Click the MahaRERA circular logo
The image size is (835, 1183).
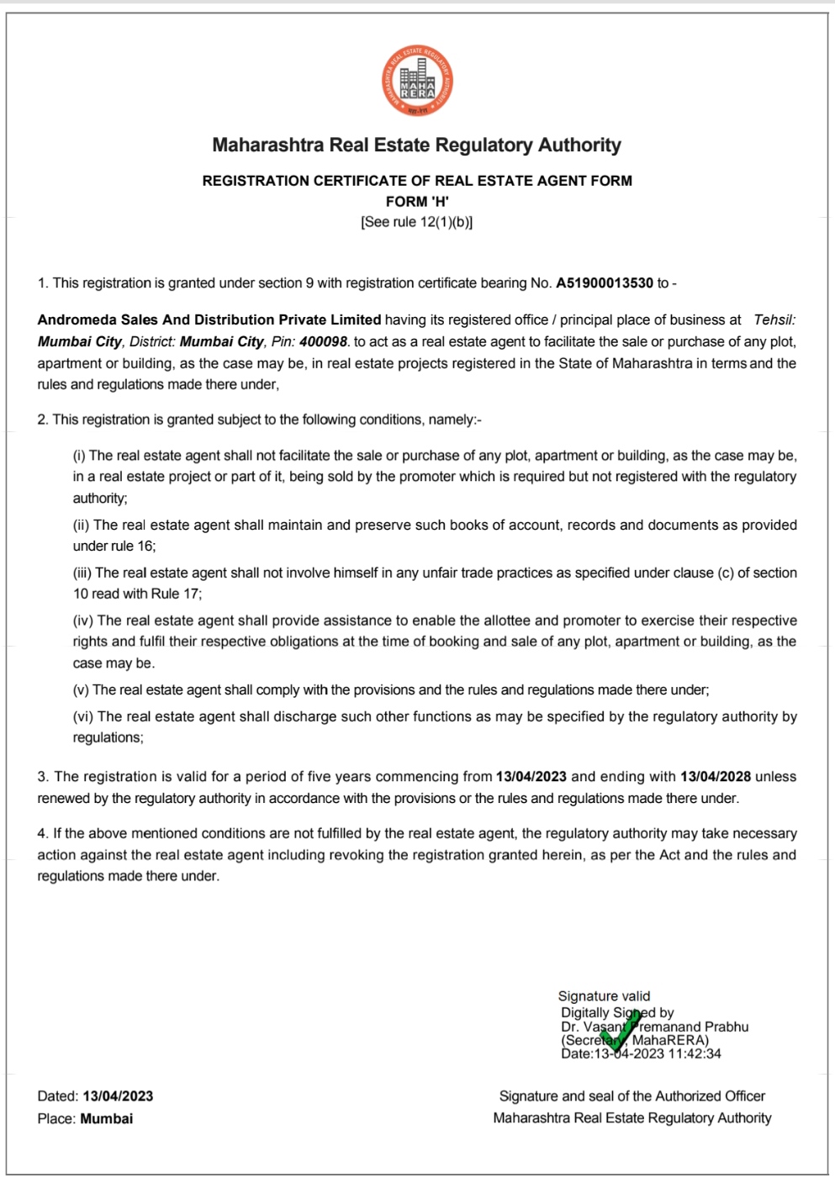(x=417, y=82)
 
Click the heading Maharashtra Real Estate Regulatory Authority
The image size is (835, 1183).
(x=416, y=145)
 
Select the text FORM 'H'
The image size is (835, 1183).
(x=417, y=202)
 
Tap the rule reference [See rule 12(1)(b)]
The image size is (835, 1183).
(x=416, y=222)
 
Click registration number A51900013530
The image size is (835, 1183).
(x=604, y=283)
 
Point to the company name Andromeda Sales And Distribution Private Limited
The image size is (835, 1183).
(x=209, y=320)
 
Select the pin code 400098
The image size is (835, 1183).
(x=323, y=342)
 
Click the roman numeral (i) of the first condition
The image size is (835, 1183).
(x=79, y=456)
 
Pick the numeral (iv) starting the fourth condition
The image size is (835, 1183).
(x=82, y=621)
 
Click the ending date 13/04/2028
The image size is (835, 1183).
(x=716, y=777)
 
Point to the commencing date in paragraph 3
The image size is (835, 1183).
(x=531, y=777)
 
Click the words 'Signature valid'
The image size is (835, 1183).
(x=604, y=996)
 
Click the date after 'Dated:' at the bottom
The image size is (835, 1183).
(x=118, y=1096)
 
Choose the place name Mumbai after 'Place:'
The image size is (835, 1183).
(x=107, y=1119)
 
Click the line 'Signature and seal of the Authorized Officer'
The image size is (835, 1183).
(x=632, y=1096)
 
